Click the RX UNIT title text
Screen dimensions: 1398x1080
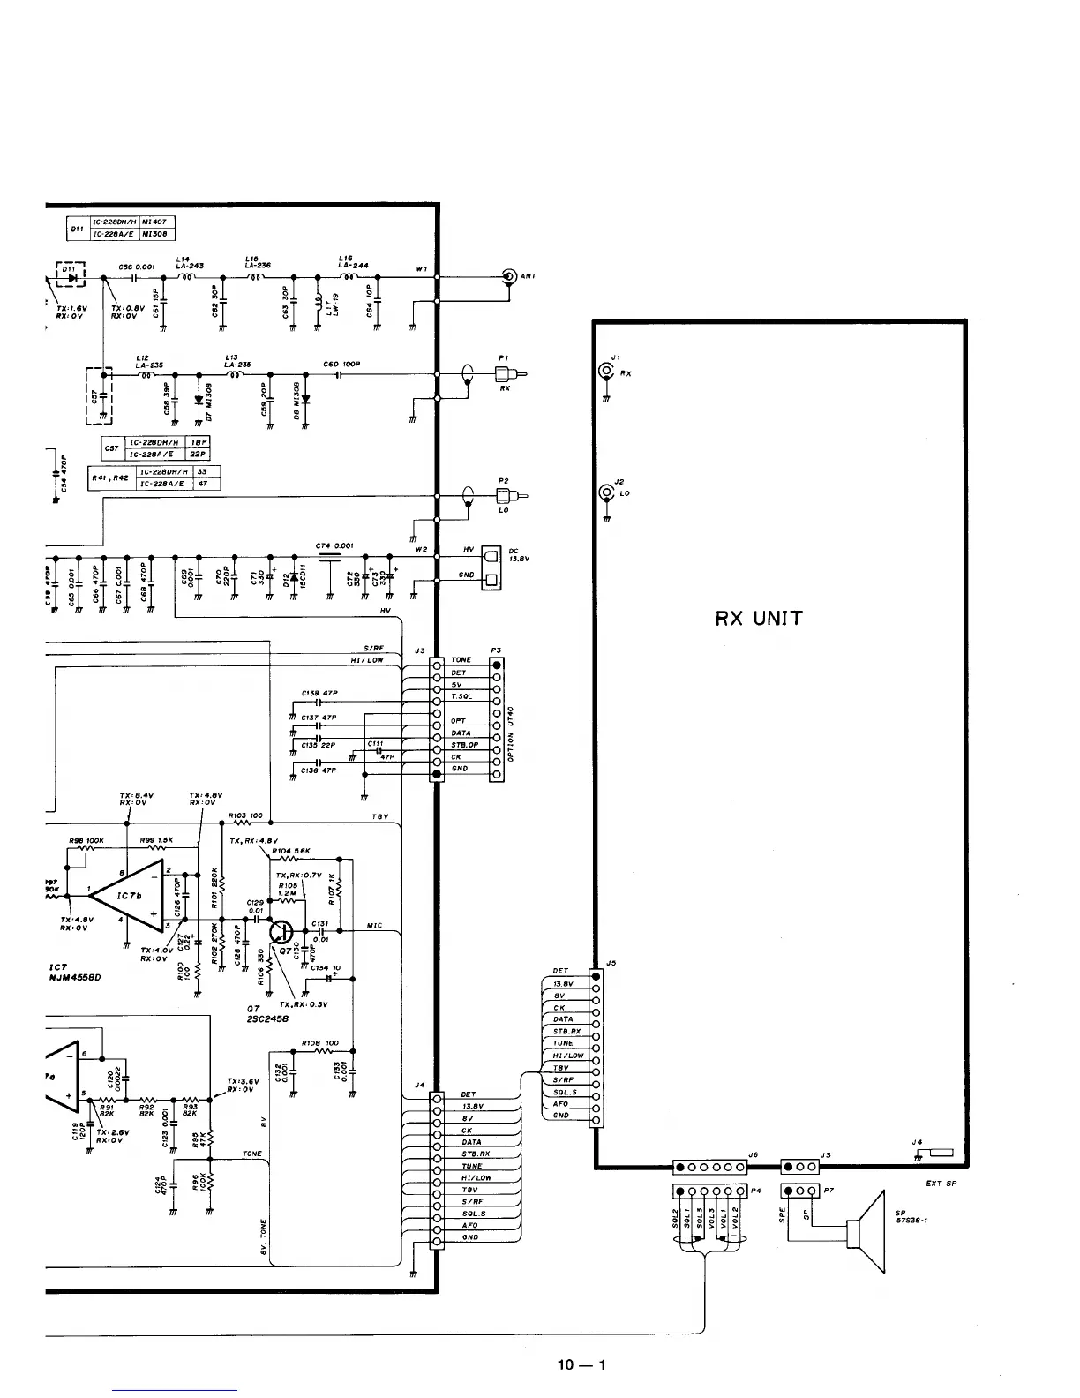pos(759,618)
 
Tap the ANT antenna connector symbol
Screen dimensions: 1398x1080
pos(509,276)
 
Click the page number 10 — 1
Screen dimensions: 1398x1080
pos(581,1365)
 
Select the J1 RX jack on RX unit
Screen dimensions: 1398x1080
pos(606,372)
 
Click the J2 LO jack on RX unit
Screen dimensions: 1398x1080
pos(606,492)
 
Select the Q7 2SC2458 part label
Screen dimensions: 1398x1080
pos(264,1012)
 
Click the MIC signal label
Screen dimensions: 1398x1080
pos(374,926)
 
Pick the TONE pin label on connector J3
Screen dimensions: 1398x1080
pos(461,660)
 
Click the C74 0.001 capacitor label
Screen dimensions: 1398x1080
pos(334,545)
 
